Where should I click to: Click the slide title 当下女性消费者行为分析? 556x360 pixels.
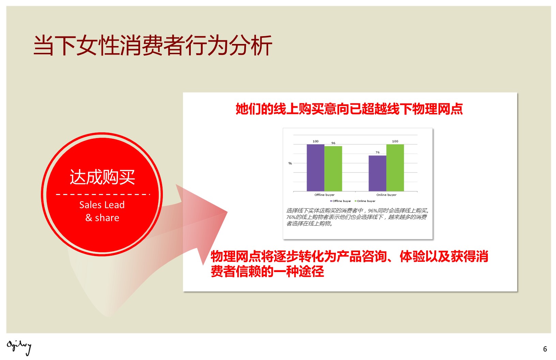(x=153, y=45)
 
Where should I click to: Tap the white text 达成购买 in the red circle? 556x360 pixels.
(x=102, y=177)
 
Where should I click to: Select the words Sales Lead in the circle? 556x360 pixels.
(x=102, y=205)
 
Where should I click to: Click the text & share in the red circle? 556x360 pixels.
(x=102, y=217)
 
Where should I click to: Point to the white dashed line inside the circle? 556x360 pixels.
(x=103, y=194)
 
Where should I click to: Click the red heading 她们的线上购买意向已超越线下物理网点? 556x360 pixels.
(x=349, y=109)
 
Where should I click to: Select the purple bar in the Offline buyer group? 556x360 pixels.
(x=315, y=168)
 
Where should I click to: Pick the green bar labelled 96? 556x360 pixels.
(x=333, y=169)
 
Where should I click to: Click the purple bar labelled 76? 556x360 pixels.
(x=377, y=174)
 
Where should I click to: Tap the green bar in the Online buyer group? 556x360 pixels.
(x=395, y=168)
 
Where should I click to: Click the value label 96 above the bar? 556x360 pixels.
(x=333, y=143)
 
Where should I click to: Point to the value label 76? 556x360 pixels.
(x=377, y=152)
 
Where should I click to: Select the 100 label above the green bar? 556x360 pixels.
(x=395, y=141)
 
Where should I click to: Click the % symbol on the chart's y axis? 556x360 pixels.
(x=290, y=163)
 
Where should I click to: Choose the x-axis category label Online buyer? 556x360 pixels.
(x=386, y=195)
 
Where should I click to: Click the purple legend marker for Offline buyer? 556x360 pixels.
(x=331, y=201)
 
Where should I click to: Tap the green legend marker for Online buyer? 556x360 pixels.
(x=355, y=201)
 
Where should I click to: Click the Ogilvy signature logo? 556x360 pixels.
(x=19, y=348)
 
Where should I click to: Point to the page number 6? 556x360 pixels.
(x=545, y=349)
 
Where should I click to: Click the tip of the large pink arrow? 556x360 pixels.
(x=227, y=212)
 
